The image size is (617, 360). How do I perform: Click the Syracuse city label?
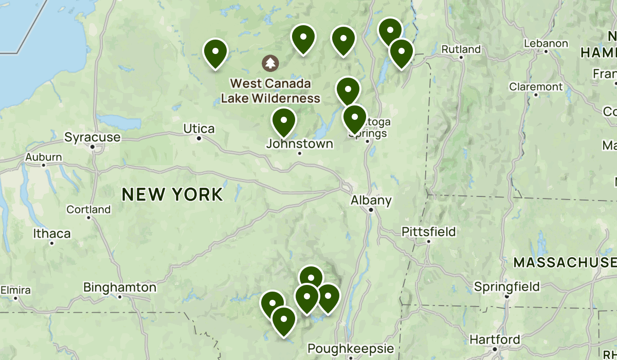93,137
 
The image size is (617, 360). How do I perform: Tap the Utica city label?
199,129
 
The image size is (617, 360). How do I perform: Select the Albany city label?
371,201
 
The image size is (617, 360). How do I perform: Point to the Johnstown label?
299,144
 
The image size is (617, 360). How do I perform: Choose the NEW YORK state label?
173,194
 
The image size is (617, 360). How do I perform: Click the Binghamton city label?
119,287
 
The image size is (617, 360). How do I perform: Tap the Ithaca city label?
52,234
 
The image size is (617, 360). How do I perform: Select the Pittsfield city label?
429,232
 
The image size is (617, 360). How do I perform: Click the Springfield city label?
506,286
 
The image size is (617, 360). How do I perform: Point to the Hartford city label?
495,340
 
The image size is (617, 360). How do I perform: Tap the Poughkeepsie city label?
351,348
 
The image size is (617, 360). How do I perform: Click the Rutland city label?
461,49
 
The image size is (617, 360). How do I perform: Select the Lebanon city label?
546,44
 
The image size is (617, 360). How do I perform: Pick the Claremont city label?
536,87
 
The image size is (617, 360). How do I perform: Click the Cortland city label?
88,209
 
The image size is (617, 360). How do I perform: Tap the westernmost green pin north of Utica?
215,52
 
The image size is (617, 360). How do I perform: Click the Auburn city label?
44,157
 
